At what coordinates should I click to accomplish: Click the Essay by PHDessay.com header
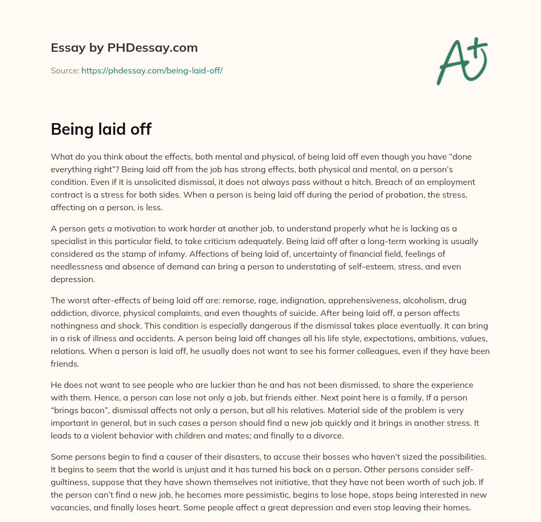click(x=124, y=48)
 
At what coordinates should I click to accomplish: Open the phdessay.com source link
click(x=152, y=70)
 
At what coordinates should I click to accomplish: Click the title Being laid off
click(x=101, y=129)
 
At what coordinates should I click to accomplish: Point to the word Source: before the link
click(x=64, y=70)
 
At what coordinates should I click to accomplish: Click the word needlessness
click(x=79, y=266)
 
